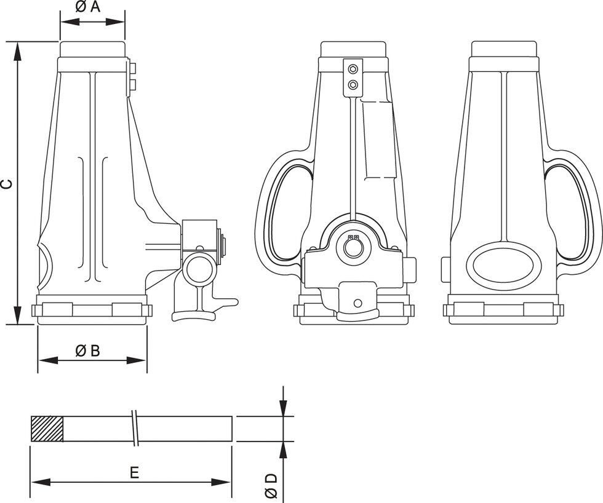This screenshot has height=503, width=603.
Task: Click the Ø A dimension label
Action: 88,7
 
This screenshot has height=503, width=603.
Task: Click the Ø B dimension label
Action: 87,351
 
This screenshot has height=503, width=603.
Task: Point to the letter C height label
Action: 6,183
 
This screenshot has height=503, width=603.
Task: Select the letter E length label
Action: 134,472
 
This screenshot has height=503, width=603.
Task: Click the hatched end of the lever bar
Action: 47,429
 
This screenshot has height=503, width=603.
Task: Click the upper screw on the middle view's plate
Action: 353,68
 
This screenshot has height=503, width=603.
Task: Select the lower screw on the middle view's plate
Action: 353,84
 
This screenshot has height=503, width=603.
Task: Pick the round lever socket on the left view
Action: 199,269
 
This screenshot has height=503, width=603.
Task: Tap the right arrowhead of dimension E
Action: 224,481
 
